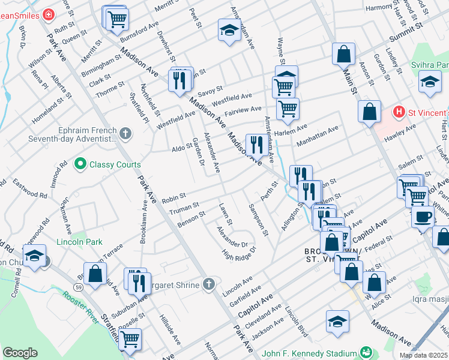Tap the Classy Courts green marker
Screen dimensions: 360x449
79,164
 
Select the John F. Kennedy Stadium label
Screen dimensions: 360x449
309,353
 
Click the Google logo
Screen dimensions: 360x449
20,353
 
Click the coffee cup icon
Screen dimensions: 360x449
422,217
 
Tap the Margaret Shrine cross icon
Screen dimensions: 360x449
208,284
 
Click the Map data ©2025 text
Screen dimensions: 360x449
423,355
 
